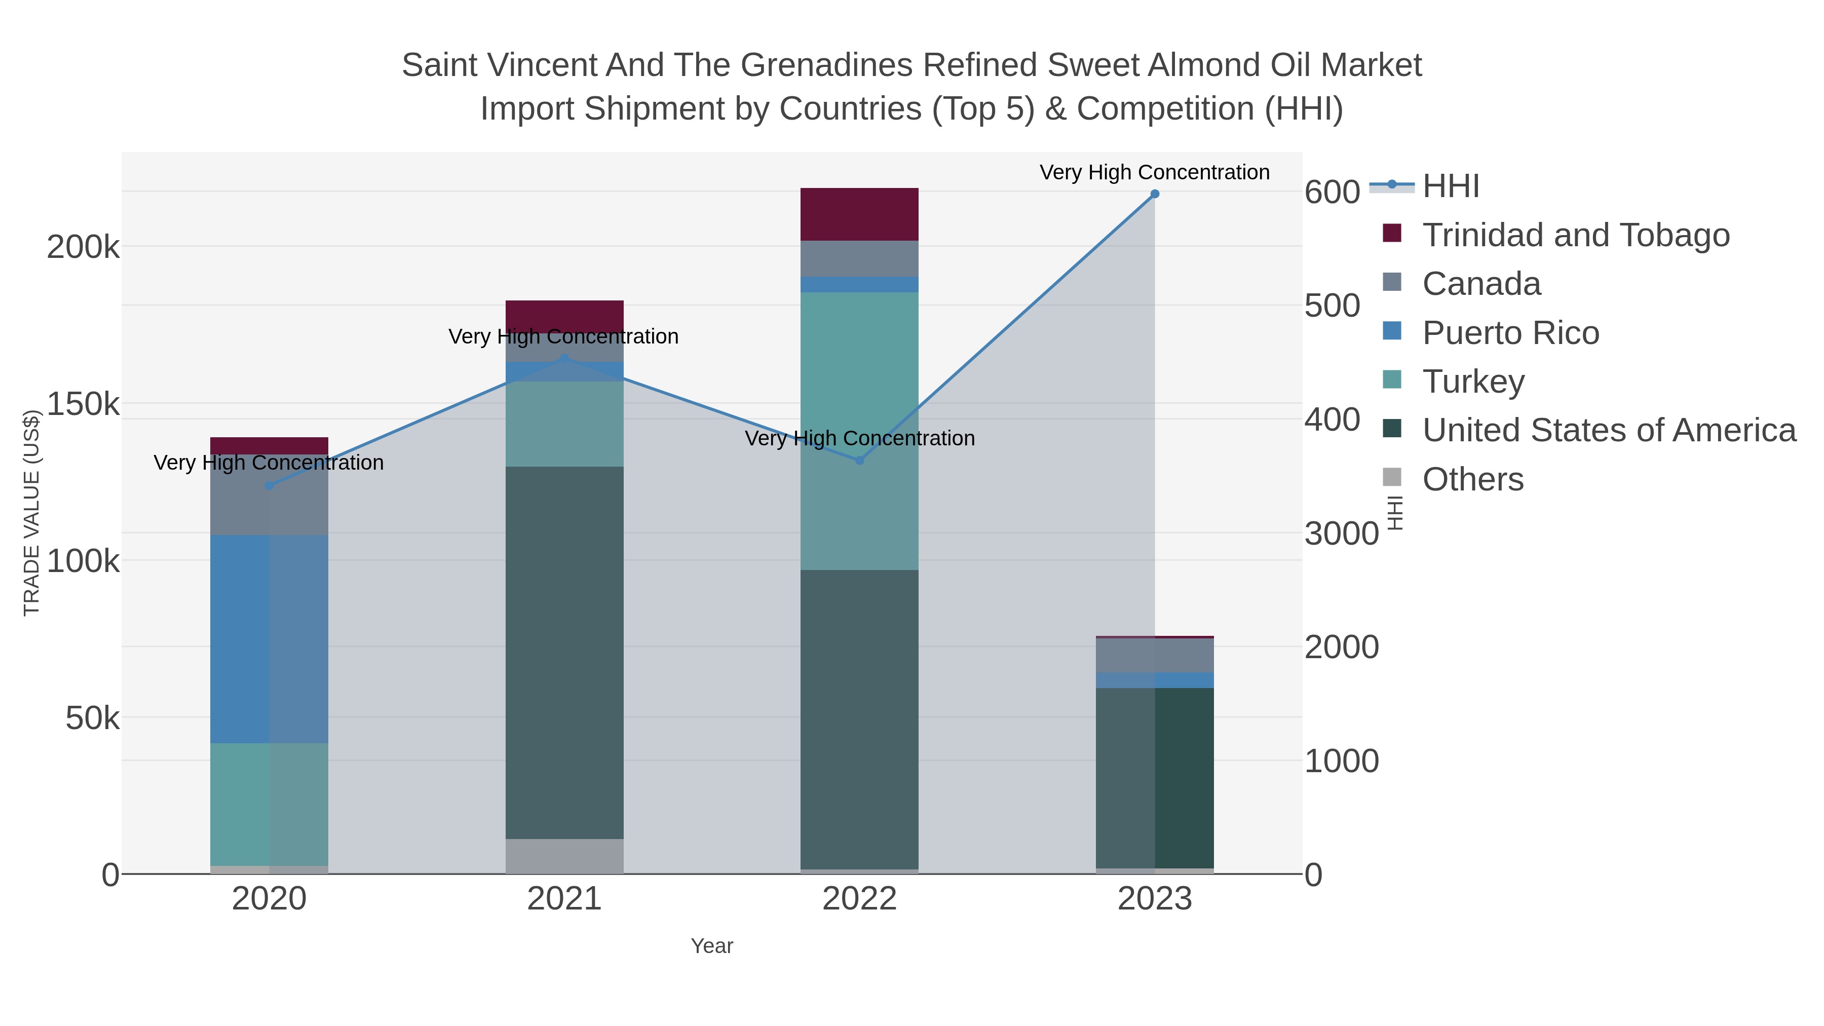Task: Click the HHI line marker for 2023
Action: click(1154, 194)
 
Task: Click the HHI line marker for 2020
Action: click(269, 486)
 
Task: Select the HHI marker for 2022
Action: click(860, 460)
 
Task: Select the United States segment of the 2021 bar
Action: click(564, 652)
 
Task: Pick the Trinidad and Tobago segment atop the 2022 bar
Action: click(860, 214)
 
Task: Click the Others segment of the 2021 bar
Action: click(564, 856)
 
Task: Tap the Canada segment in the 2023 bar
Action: click(1154, 655)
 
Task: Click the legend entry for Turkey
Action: click(1473, 382)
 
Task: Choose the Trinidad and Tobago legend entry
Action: click(1575, 235)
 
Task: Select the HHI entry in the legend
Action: click(1450, 186)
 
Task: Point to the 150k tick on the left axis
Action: click(83, 404)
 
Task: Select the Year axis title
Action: click(712, 946)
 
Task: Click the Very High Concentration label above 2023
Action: click(1154, 172)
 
